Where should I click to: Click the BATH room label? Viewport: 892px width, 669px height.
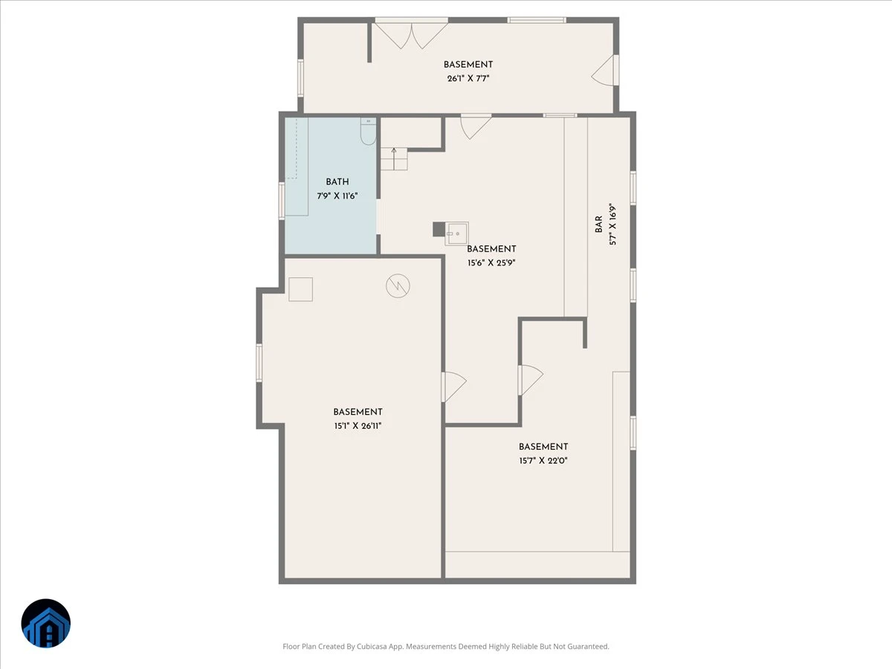(x=337, y=182)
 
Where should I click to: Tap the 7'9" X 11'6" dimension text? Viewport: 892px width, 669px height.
(x=337, y=196)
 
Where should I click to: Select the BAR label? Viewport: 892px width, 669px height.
(x=598, y=224)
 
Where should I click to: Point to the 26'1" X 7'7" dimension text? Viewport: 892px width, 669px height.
(x=468, y=79)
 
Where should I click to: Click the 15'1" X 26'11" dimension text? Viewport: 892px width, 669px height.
(x=358, y=426)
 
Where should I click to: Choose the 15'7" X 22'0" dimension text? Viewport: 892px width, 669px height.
(x=543, y=461)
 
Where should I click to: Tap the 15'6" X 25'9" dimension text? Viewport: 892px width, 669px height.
(x=491, y=263)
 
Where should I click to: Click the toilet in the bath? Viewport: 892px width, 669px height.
(x=369, y=132)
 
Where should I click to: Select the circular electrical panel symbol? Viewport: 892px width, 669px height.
(x=398, y=286)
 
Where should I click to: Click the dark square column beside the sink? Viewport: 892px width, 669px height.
(x=439, y=229)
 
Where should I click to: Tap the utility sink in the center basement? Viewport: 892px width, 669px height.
(x=456, y=233)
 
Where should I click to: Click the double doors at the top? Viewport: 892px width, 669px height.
(x=411, y=35)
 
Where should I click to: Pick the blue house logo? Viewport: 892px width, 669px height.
(x=46, y=623)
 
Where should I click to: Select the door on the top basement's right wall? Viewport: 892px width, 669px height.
(x=605, y=71)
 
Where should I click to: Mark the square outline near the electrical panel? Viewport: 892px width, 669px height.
(x=301, y=289)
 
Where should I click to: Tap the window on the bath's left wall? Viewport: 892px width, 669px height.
(x=282, y=201)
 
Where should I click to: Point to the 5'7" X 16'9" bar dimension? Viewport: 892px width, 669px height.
(x=613, y=224)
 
